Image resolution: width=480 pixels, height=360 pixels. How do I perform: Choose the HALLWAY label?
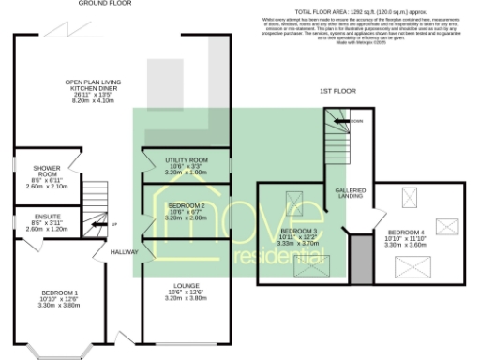coord(123,251)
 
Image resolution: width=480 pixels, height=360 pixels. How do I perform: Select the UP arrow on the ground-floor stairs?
coord(108,223)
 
